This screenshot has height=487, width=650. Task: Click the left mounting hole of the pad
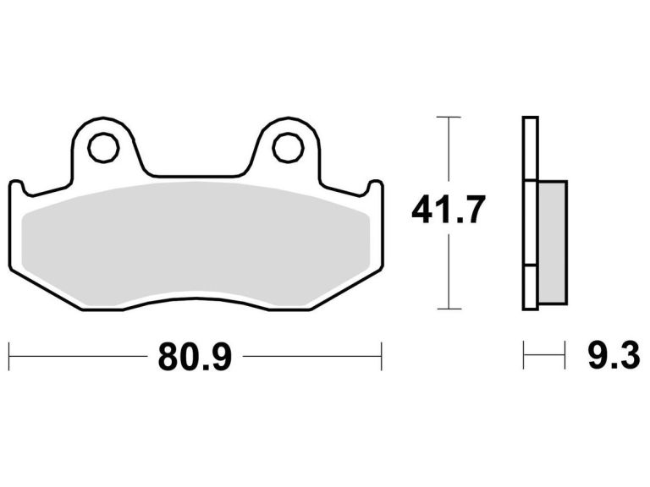click(103, 147)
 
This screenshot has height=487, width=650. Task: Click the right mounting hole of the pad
click(288, 147)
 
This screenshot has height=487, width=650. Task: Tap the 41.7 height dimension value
click(448, 210)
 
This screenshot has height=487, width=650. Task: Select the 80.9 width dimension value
click(195, 357)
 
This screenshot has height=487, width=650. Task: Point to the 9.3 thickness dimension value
click(614, 355)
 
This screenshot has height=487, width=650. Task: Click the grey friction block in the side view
click(552, 243)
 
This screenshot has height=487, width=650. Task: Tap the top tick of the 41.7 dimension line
click(449, 118)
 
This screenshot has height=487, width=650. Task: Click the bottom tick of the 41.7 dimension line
click(449, 309)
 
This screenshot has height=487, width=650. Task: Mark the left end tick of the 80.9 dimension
click(9, 356)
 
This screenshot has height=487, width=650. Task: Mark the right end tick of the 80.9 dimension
click(382, 356)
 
